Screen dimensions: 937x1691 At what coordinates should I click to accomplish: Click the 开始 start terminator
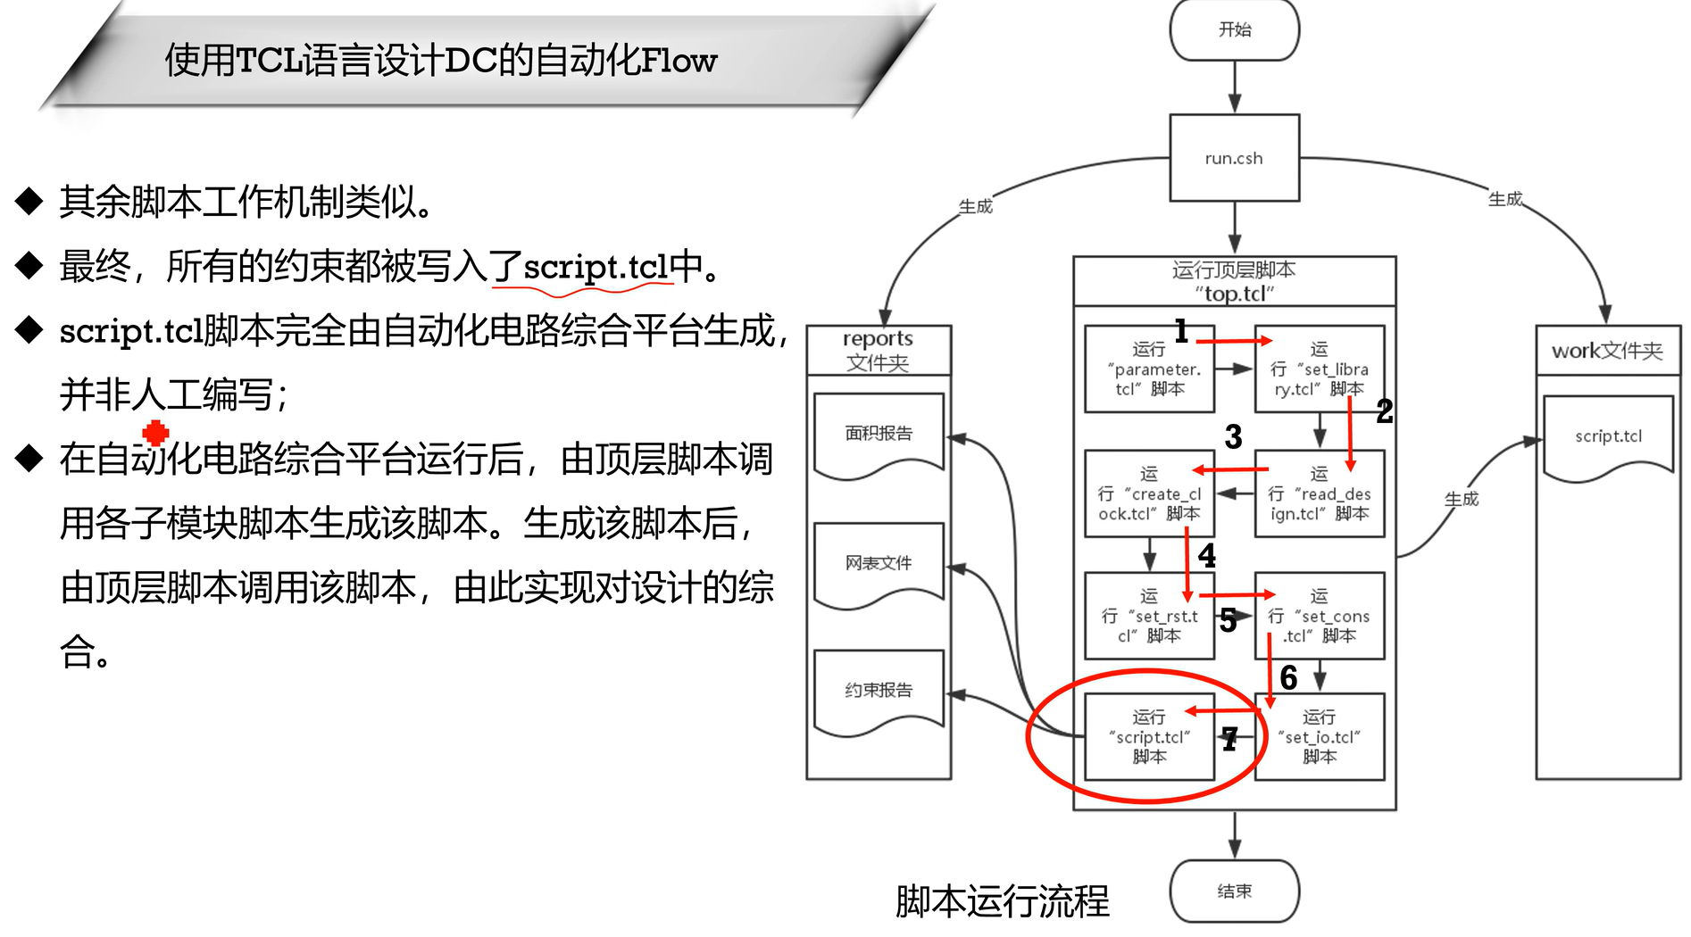click(1234, 30)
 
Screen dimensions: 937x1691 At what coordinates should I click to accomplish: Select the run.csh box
click(1234, 158)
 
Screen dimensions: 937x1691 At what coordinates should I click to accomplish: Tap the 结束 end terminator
click(1234, 891)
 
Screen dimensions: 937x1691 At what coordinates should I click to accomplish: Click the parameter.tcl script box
click(1149, 369)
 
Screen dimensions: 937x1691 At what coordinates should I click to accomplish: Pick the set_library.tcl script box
click(1319, 369)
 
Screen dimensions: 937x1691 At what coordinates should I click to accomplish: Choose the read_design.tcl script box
click(1319, 493)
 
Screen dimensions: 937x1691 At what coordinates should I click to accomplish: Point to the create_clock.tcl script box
click(1149, 493)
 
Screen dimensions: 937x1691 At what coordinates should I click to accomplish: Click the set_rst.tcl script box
click(1149, 616)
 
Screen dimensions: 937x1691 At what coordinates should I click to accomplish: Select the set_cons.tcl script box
click(1319, 616)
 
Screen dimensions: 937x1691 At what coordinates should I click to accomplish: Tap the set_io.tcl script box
click(1319, 737)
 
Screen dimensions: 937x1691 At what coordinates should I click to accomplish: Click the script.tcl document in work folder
click(1607, 437)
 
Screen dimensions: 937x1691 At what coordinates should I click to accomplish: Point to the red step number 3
click(1233, 437)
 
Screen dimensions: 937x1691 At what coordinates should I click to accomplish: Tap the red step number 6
click(1288, 678)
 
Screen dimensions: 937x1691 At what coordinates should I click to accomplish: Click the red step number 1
click(1181, 331)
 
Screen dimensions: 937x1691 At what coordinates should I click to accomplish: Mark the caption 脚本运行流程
click(1002, 901)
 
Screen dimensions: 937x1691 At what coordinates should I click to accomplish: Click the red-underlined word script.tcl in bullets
click(596, 267)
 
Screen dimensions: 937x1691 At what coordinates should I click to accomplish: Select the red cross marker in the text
click(155, 433)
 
